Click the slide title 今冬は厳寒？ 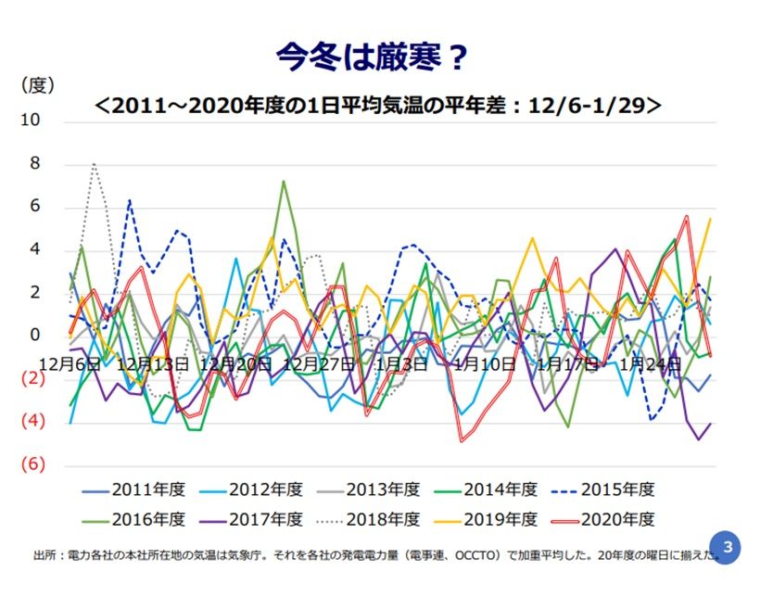[371, 57]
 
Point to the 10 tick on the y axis [31, 121]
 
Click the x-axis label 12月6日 [70, 364]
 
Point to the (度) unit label [38, 85]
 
